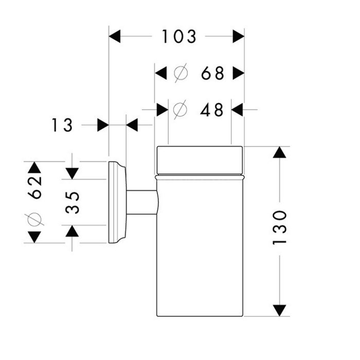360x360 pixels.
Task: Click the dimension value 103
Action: coord(179,37)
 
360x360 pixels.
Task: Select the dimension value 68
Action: coord(212,74)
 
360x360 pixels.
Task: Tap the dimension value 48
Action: coord(211,110)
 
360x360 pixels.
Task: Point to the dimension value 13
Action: coord(62,125)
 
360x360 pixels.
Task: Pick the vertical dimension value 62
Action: coord(34,186)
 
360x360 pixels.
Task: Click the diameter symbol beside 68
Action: coord(180,74)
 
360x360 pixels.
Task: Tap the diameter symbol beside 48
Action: coord(179,110)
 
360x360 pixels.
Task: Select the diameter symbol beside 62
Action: coord(34,219)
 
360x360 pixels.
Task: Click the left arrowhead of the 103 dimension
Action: coord(114,37)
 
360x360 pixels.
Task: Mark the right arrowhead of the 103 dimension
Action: coord(238,37)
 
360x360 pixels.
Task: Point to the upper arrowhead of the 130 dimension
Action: coord(279,152)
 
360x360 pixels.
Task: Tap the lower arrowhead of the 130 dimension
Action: coord(279,310)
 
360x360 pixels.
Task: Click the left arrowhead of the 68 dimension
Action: coord(161,74)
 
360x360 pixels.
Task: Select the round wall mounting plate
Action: coord(117,202)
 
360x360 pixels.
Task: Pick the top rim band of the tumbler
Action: coord(199,160)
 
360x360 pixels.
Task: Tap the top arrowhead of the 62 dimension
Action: coord(34,167)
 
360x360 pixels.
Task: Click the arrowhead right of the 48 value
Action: coord(237,110)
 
